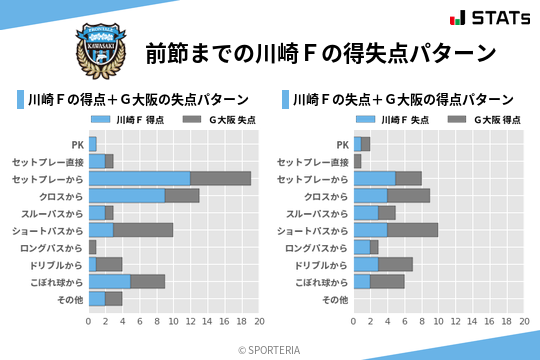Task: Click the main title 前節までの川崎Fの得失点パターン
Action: [x=320, y=52]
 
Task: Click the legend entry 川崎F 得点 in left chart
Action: [x=130, y=120]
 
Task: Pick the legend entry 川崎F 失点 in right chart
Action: [x=395, y=120]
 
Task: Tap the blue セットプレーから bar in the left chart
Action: [x=140, y=178]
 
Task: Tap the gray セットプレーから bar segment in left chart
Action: [x=221, y=178]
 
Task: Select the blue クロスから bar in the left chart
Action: [x=127, y=195]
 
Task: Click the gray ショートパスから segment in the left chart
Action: [x=144, y=230]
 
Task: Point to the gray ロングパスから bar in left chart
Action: [x=93, y=247]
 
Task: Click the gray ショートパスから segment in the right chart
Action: [x=413, y=230]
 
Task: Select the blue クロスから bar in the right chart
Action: [x=371, y=195]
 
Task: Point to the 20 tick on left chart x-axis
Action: [x=259, y=322]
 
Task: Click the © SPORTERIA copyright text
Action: [x=270, y=349]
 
